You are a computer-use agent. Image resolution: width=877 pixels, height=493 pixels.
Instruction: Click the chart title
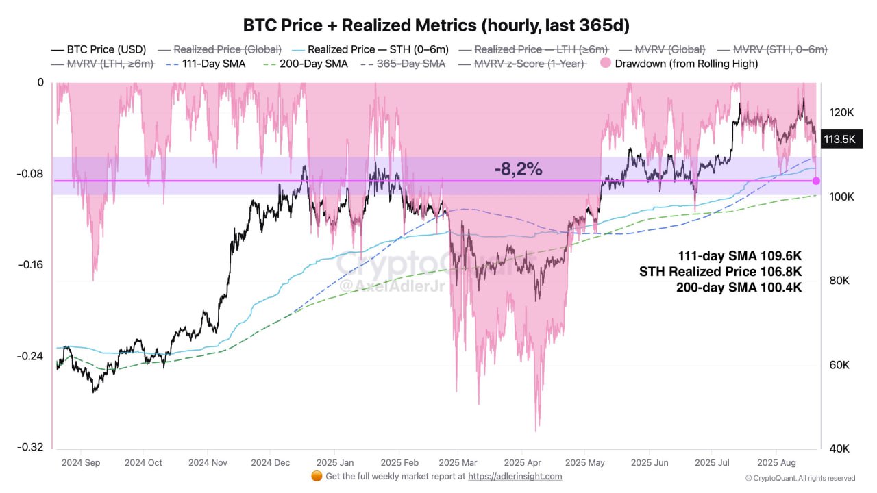coord(436,25)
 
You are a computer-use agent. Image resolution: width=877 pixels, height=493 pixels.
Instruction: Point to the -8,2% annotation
coord(518,169)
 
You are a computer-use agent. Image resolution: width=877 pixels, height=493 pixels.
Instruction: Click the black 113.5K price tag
coord(839,140)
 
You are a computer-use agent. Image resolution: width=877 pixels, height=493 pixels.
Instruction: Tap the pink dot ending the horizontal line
coord(816,181)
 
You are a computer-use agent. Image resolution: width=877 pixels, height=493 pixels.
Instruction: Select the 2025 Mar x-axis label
coord(458,463)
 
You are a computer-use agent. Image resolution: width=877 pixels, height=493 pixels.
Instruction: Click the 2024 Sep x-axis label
coord(81,463)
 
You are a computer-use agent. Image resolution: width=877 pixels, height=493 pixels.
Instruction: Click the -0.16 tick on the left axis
coord(31,265)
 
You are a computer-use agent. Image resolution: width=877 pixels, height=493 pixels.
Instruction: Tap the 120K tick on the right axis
coord(841,112)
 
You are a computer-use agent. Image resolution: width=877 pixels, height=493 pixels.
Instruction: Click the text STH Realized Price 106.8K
coord(720,272)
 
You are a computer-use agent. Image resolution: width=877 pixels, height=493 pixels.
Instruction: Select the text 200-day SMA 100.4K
coord(739,288)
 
